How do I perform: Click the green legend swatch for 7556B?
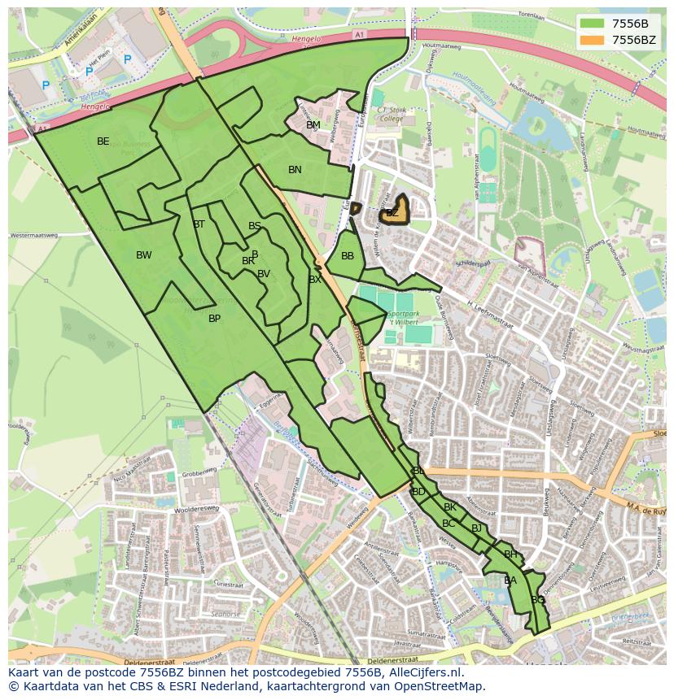[x=593, y=24]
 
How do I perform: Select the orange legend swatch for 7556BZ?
[x=593, y=40]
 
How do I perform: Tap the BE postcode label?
[x=103, y=141]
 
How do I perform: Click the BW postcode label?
[x=143, y=255]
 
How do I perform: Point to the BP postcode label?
[x=214, y=319]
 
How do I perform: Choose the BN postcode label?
[x=295, y=170]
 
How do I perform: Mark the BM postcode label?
[x=313, y=125]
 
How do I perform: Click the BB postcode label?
[x=348, y=256]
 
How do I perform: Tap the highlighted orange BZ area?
[x=395, y=210]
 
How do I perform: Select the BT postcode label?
[x=199, y=224]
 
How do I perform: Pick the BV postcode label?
[x=263, y=274]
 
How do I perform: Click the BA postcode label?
[x=510, y=580]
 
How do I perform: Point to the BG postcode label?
[x=537, y=600]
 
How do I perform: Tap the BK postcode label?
[x=449, y=507]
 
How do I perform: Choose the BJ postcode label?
[x=476, y=528]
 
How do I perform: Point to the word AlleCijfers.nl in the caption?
[x=423, y=673]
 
